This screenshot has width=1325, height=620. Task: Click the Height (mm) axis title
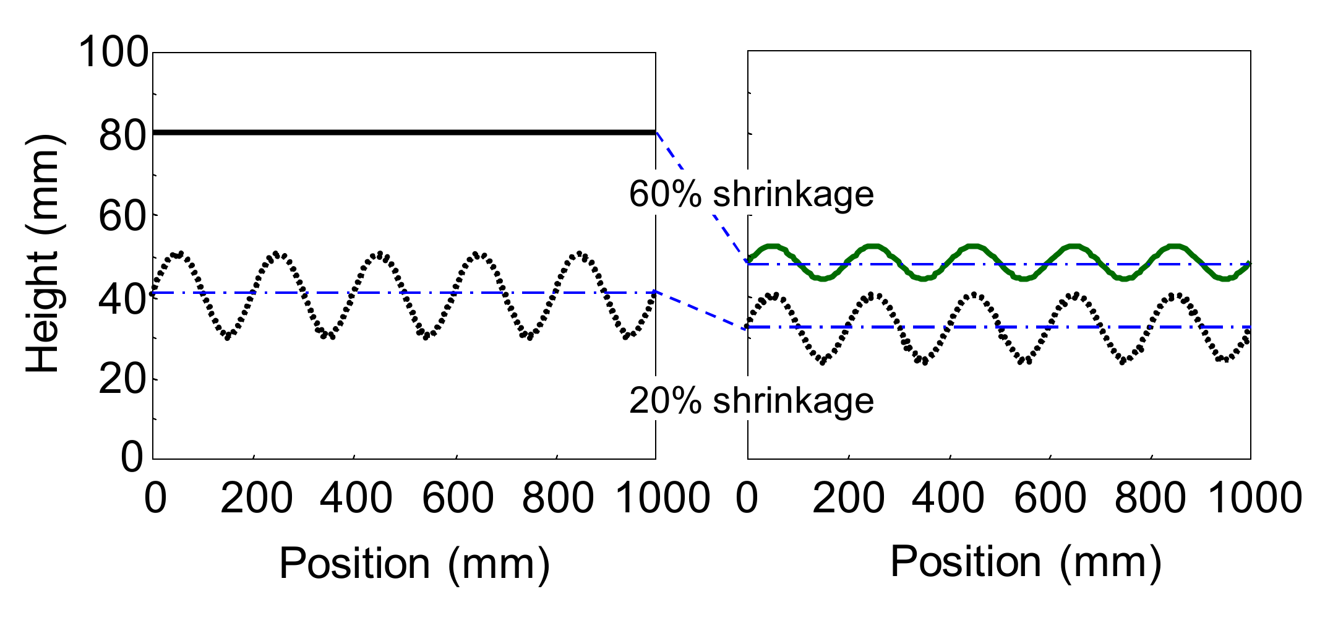pos(43,255)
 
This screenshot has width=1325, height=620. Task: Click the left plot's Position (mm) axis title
pos(414,563)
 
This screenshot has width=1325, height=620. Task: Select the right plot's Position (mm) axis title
pos(1026,562)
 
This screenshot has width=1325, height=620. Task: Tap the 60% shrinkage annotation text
pos(751,194)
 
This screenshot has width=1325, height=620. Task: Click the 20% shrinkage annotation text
pos(751,401)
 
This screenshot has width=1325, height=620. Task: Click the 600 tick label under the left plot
pos(458,498)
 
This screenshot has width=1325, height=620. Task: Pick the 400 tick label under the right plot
pos(948,498)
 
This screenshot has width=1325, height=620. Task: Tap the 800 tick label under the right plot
pos(1150,498)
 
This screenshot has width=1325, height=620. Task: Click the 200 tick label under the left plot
pos(256,498)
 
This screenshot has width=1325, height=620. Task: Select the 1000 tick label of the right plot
pos(1256,498)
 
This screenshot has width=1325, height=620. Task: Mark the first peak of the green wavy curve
pos(772,246)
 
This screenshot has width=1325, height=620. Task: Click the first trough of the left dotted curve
pos(228,337)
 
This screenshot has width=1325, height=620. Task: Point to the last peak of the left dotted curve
pos(580,254)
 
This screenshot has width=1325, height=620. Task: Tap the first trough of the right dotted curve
pos(822,361)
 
